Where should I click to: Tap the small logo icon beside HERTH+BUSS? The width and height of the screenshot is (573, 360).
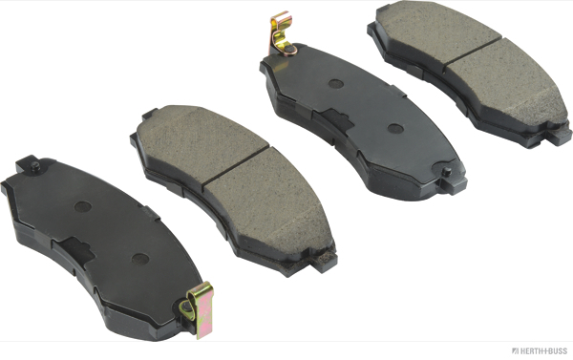coord(516,351)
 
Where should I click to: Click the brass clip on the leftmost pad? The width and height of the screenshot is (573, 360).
coord(198,309)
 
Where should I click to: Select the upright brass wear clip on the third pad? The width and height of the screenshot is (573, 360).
coord(281,34)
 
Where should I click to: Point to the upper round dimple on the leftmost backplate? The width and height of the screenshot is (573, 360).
coord(83,207)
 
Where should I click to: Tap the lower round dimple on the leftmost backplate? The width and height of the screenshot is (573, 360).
coord(140,259)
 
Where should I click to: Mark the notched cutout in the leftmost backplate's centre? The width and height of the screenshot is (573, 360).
coord(74,250)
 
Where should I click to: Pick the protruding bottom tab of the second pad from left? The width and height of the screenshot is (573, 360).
coord(324,262)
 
